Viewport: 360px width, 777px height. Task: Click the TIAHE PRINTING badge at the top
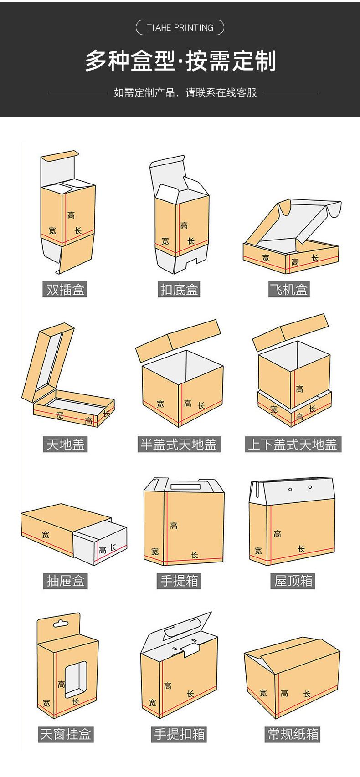point(180,28)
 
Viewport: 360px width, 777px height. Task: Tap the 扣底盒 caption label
point(180,289)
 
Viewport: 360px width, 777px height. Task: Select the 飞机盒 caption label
point(289,289)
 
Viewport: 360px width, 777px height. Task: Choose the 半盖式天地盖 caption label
point(179,444)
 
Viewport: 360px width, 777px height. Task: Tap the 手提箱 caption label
point(180,581)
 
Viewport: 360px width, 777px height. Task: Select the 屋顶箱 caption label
point(293,581)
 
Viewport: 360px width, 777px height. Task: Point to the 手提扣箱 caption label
point(180,734)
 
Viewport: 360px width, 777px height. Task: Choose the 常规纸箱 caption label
point(293,734)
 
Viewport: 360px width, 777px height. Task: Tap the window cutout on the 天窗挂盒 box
point(75,679)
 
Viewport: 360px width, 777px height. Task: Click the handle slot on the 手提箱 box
point(185,487)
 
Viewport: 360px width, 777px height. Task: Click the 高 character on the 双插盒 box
point(71,215)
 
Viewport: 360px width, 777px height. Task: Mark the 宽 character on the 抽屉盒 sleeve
point(45,535)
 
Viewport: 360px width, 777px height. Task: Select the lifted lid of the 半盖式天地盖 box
point(178,340)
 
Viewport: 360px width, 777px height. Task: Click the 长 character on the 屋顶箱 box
point(301,549)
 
